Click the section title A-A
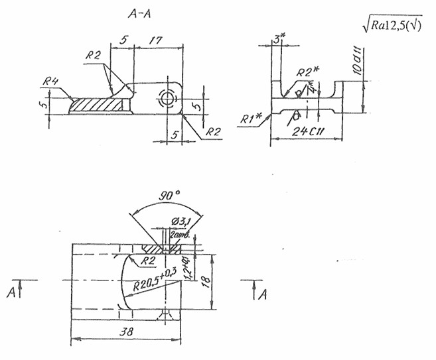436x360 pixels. (141, 13)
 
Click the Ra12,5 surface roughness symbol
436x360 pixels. (397, 25)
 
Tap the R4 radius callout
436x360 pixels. (52, 82)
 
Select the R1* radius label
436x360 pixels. (252, 118)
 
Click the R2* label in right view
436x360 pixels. (307, 72)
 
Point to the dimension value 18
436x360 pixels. (206, 281)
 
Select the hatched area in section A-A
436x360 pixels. (98, 105)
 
